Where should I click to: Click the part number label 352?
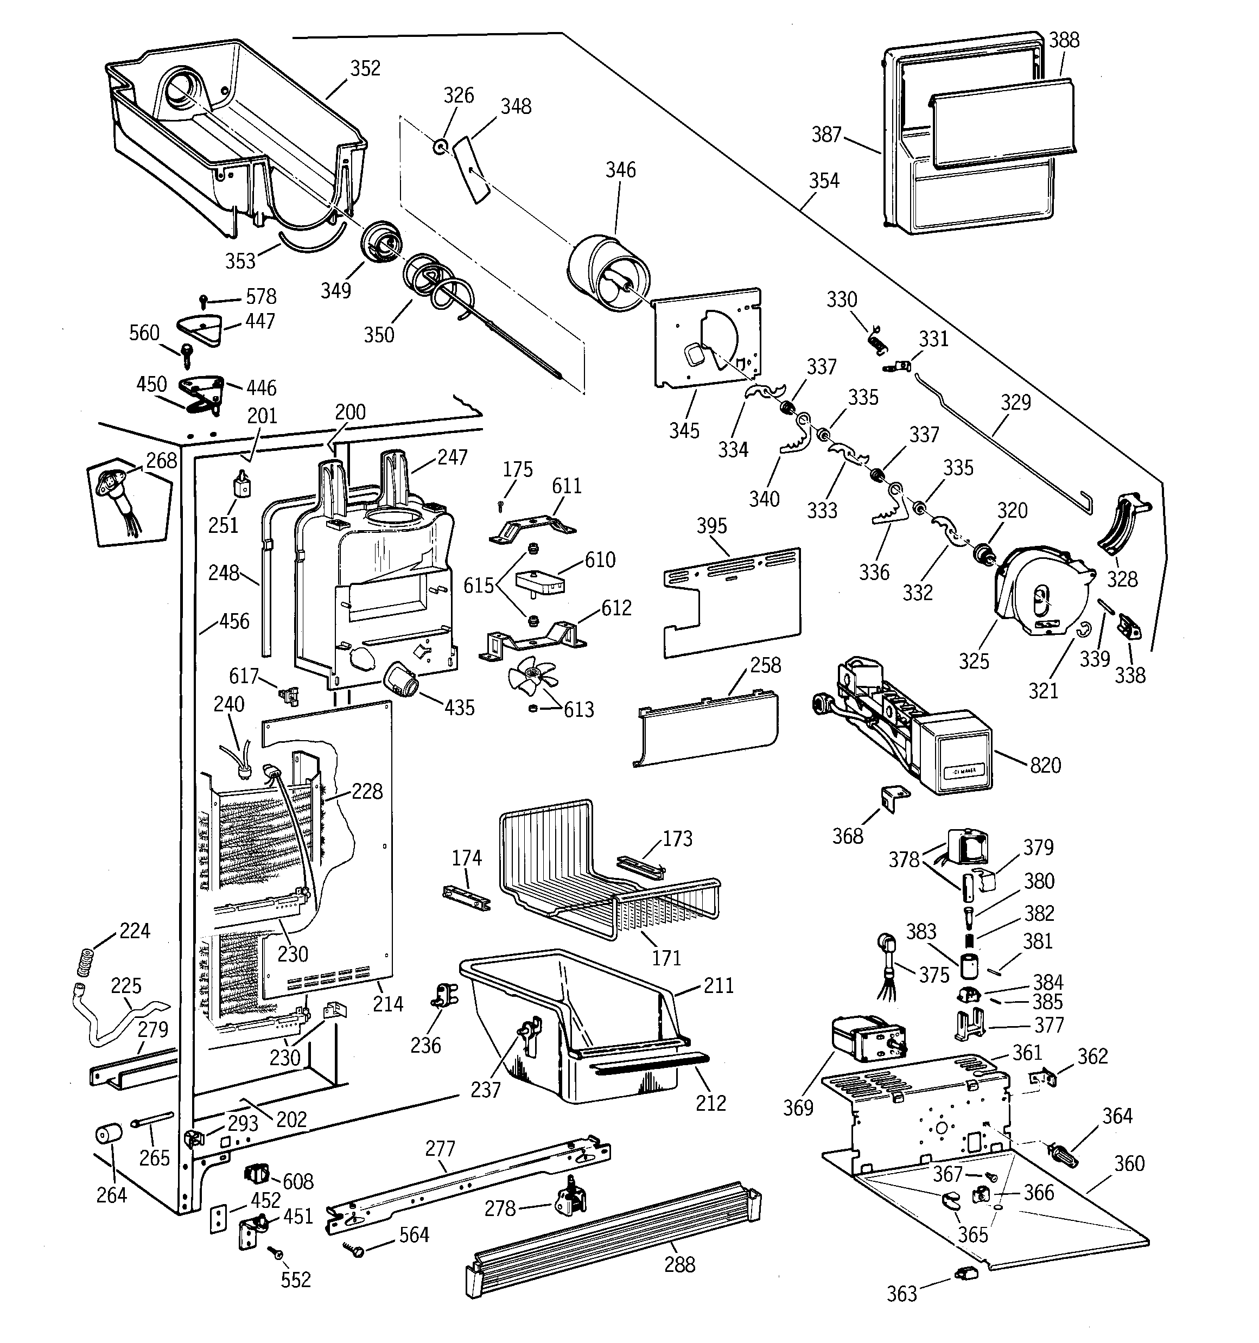click(365, 68)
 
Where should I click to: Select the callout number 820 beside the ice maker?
click(1045, 766)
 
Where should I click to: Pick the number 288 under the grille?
click(679, 1265)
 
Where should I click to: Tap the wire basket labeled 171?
click(608, 871)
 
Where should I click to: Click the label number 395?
click(711, 526)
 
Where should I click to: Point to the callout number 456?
click(234, 621)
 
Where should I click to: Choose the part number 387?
click(826, 135)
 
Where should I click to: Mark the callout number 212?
click(711, 1103)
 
